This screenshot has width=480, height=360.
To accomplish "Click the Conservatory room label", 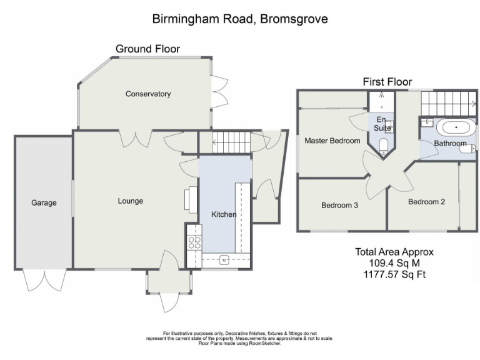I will pos(148,94).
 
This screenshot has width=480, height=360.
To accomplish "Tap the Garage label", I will pos(44,203).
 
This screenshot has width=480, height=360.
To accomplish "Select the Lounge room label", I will pos(131,201).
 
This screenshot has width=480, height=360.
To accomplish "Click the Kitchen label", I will pos(224,214).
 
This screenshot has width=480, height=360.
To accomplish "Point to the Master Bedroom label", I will pos(332,141).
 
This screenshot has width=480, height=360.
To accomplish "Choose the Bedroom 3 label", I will pos(339,204).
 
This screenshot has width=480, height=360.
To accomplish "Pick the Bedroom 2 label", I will pos(426,202).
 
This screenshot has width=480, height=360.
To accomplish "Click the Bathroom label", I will pos(450,144).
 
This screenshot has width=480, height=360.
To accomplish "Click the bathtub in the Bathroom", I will pos(455,128).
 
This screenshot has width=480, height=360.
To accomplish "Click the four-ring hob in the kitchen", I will pos(194,242).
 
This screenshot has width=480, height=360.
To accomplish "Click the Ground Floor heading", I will pos(147,49).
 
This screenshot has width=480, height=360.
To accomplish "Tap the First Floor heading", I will pos(387,82).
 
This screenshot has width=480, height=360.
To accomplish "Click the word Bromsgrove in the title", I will pos(293,19).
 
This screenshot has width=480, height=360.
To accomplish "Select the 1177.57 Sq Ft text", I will pos(394,274).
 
